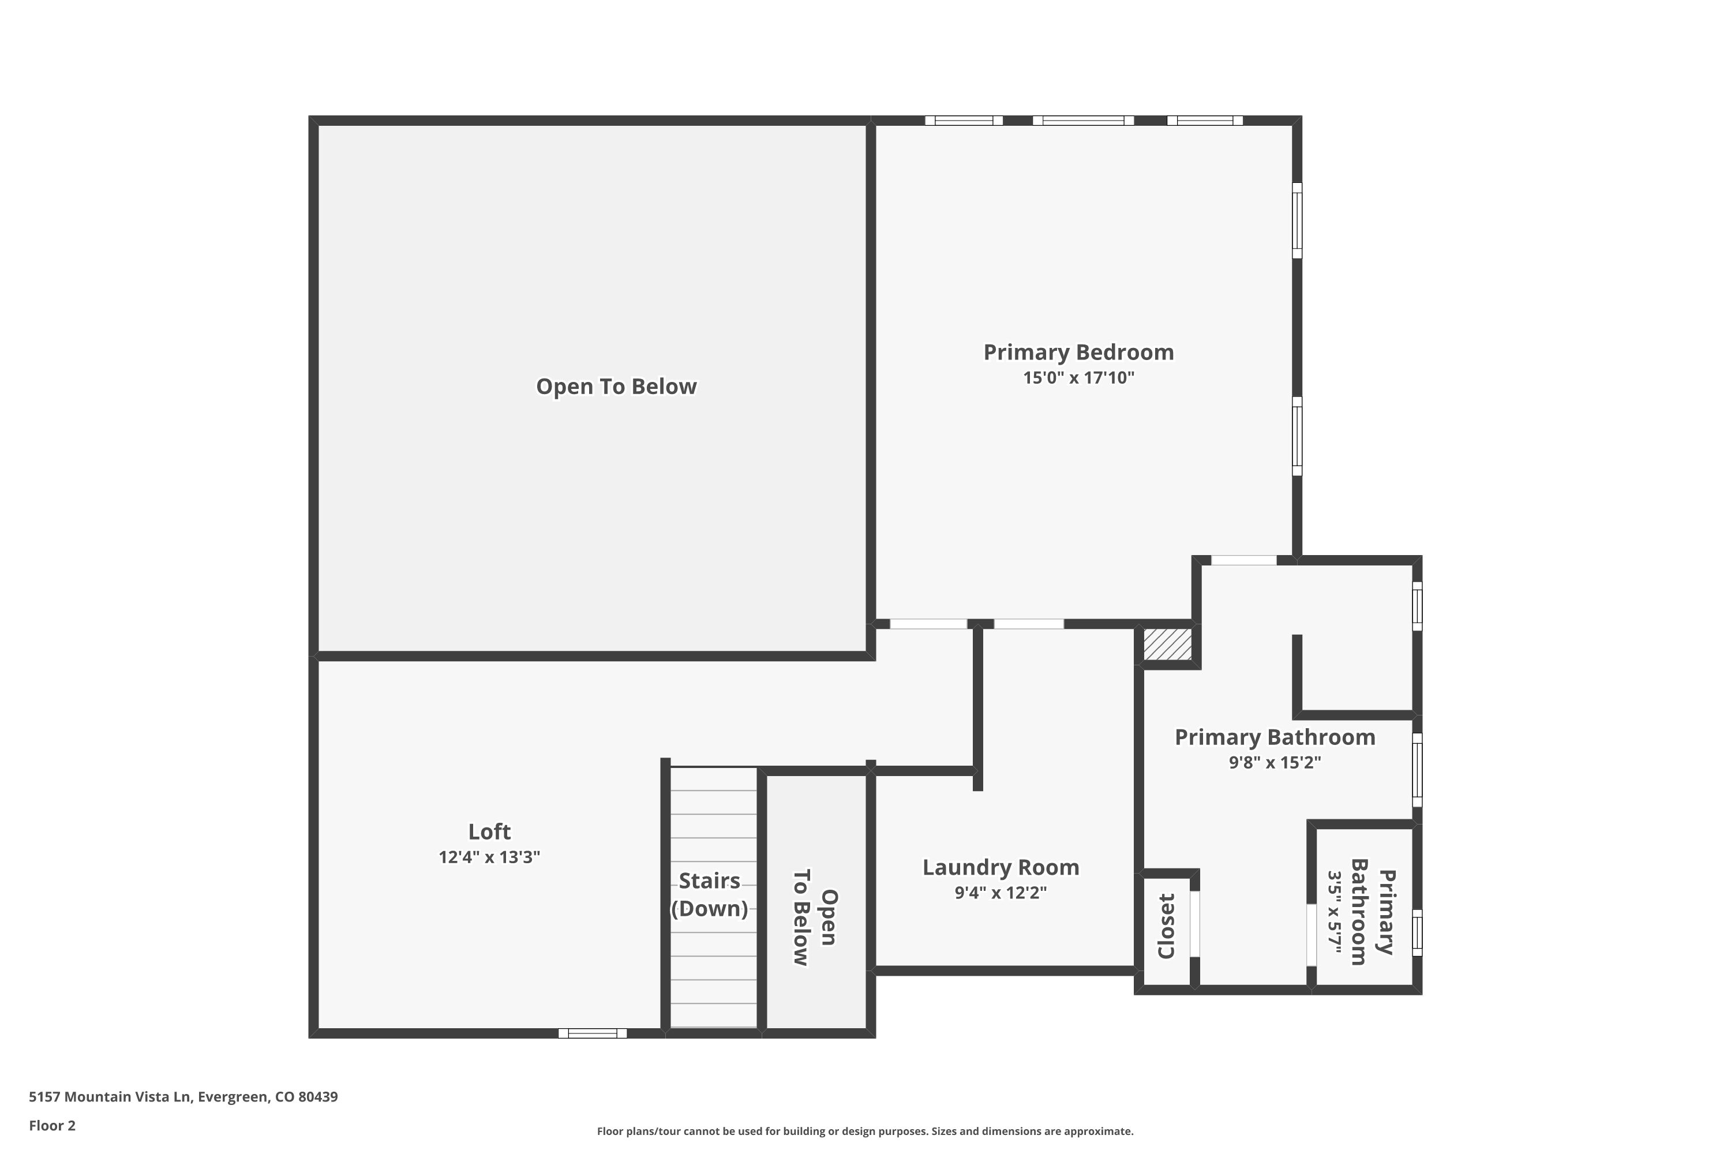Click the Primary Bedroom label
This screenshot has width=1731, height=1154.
pos(1078,352)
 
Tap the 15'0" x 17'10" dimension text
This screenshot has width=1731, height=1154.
pos(1078,379)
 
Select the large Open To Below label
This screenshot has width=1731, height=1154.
pos(616,387)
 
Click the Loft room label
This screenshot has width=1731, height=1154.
pos(489,831)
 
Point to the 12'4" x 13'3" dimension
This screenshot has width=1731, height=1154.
pos(489,857)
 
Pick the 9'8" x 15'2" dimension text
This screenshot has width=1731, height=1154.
pos(1275,762)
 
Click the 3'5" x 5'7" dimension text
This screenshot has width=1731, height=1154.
pos(1334,913)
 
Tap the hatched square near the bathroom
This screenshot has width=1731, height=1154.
pos(1167,645)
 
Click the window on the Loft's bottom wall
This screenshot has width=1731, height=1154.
pos(593,1033)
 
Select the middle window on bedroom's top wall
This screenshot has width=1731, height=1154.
pos(1082,121)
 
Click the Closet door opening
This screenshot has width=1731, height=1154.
pos(1195,924)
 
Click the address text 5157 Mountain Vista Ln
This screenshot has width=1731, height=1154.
pos(183,1097)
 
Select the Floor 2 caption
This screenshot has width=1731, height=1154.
pos(53,1125)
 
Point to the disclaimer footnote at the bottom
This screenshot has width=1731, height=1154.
pos(865,1131)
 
